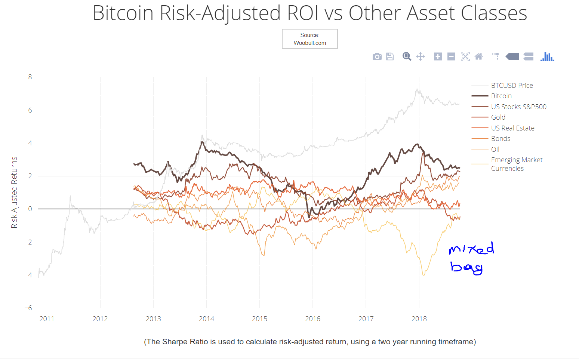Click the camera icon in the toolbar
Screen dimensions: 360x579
point(377,57)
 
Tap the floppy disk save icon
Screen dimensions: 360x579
point(390,57)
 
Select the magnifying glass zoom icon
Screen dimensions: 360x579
point(407,56)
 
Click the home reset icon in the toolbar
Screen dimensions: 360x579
point(478,56)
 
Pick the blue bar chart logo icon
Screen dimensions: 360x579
point(547,56)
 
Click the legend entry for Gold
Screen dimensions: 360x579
point(498,117)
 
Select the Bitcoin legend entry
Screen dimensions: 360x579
point(501,96)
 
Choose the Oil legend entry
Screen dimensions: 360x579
point(495,150)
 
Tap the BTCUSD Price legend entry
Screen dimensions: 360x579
point(512,86)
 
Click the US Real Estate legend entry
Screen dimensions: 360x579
point(512,128)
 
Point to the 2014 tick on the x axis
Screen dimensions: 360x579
point(206,319)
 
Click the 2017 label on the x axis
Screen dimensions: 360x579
point(366,319)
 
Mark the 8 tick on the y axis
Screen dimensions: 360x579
point(30,77)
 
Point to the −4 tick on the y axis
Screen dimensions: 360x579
point(28,275)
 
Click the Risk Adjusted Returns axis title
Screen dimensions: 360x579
point(14,193)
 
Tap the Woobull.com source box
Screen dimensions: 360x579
point(309,39)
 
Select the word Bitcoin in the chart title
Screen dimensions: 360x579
point(123,13)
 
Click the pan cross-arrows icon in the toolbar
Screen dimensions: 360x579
point(421,56)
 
